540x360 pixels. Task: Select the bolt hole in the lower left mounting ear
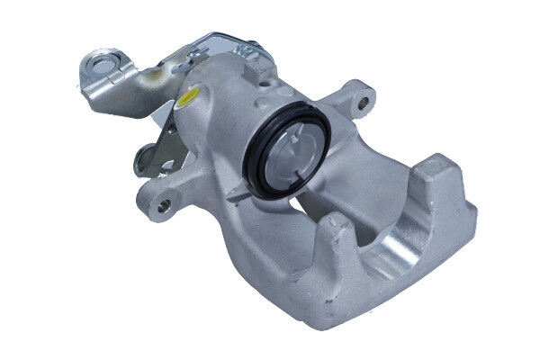point(163,205)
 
